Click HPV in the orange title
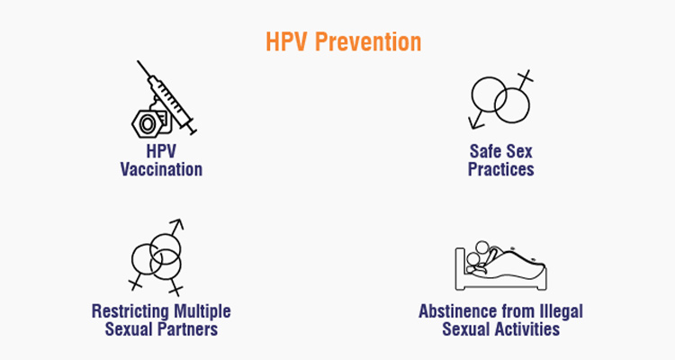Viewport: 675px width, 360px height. pyautogui.click(x=287, y=42)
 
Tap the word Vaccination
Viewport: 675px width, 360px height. pyautogui.click(x=162, y=169)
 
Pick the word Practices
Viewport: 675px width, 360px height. pyautogui.click(x=501, y=169)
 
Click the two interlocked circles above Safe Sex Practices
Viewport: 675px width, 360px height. pyautogui.click(x=501, y=97)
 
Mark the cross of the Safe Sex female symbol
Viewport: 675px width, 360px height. pyautogui.click(x=526, y=78)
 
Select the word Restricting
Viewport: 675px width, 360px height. pyautogui.click(x=125, y=311)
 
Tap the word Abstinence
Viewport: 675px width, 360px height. pyautogui.click(x=456, y=311)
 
